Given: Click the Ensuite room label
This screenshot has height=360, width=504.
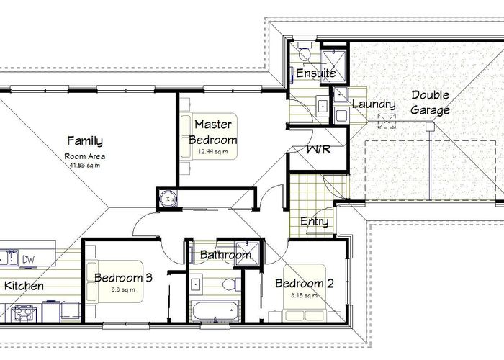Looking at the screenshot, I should [315, 73].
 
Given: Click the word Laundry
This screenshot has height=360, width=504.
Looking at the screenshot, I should [369, 104].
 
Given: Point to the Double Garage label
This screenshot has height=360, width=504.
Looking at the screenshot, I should [431, 103].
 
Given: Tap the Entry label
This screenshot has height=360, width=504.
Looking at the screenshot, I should [315, 222].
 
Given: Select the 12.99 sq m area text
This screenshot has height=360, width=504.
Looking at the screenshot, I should [213, 152].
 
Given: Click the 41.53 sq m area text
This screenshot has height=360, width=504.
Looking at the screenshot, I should [84, 164].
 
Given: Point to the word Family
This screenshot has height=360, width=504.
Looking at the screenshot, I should [85, 141].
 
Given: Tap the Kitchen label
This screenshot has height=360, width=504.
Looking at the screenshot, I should [24, 286].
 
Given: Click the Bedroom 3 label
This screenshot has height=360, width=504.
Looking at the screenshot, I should [123, 277].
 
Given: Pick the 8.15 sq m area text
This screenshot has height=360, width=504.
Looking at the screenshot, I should [304, 296].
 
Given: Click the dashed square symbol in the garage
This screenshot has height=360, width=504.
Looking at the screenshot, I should [388, 123].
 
